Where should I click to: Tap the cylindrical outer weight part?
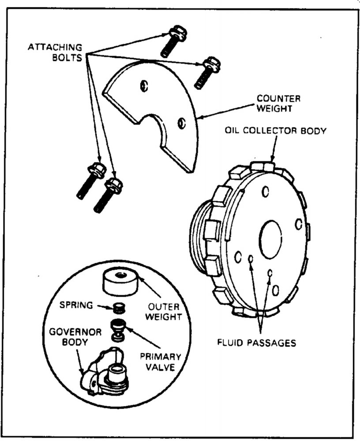(120, 282)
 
